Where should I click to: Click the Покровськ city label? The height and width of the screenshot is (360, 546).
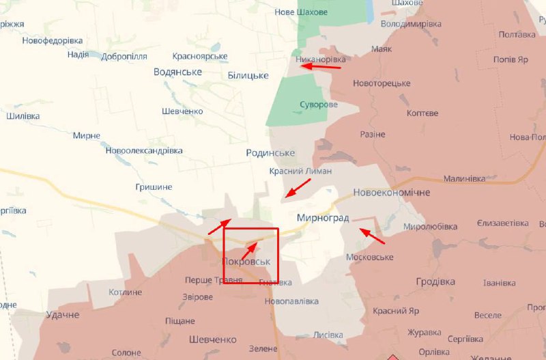(x=246, y=262)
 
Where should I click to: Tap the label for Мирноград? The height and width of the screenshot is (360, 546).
(x=323, y=218)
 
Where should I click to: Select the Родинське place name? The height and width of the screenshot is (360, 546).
(x=270, y=153)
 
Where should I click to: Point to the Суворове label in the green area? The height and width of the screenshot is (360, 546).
(x=319, y=105)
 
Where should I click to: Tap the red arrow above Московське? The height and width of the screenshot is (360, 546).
(x=372, y=236)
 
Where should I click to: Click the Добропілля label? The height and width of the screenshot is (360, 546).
(x=124, y=56)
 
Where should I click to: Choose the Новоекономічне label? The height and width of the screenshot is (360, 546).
(x=392, y=193)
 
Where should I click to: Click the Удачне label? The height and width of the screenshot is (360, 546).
(x=63, y=315)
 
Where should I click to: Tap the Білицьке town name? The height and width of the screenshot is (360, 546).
(x=248, y=74)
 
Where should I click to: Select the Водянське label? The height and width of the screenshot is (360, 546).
(x=177, y=72)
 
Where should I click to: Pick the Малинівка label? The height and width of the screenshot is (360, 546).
(x=464, y=179)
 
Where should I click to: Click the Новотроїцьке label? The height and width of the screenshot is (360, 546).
(x=382, y=83)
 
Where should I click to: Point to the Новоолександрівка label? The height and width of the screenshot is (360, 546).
(x=144, y=150)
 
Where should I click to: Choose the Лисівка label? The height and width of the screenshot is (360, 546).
(x=328, y=335)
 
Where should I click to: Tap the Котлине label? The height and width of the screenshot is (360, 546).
(x=126, y=292)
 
